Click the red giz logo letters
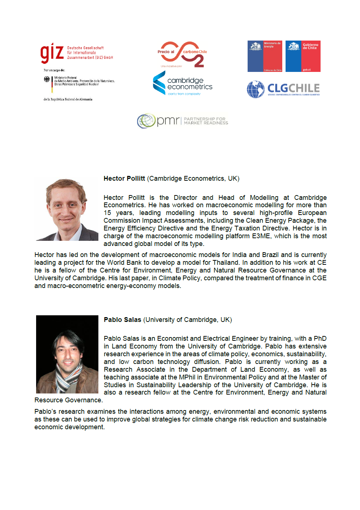[52, 53]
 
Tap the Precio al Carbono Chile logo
[182, 54]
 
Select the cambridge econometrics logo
[183, 83]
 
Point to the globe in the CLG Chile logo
[256, 89]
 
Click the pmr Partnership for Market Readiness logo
[182, 121]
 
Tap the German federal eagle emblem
[47, 79]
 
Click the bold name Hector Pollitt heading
[124, 178]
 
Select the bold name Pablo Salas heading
[122, 320]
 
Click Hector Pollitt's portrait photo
[67, 209]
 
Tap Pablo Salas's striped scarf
[68, 380]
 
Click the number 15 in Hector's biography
[107, 213]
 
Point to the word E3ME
[261, 236]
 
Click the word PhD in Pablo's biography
[320, 339]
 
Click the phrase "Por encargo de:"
[54, 70]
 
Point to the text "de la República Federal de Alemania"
[68, 99]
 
